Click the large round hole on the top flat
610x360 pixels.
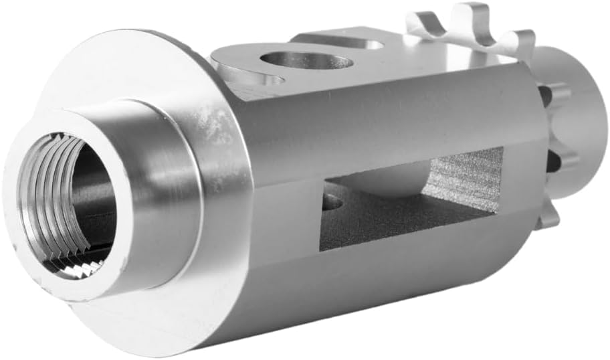(306, 61)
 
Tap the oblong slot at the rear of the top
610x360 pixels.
(358, 44)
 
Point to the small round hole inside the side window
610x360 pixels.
(332, 201)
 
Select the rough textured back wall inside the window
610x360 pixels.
(468, 177)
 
